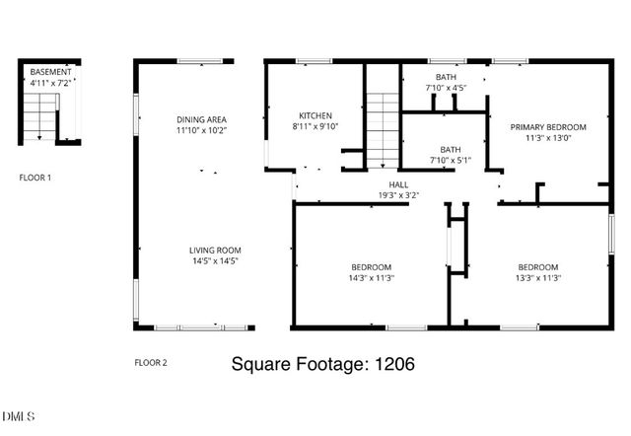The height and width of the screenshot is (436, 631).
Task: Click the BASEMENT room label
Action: (50, 73)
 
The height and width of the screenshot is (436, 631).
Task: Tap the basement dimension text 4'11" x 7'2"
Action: (50, 84)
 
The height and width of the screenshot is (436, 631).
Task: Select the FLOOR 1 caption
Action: (36, 179)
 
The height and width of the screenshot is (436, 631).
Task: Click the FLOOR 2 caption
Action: (151, 363)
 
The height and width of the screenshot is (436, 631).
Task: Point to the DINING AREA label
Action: (202, 119)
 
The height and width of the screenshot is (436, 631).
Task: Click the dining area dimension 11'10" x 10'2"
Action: (202, 130)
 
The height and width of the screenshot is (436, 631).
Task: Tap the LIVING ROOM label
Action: (215, 251)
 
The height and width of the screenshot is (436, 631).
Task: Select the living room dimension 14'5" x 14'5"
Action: (215, 261)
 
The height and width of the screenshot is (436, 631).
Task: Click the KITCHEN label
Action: (315, 115)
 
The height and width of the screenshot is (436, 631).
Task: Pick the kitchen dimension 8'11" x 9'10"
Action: (315, 126)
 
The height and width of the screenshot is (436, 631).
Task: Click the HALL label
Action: (398, 184)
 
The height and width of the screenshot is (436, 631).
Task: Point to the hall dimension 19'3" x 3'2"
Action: (398, 195)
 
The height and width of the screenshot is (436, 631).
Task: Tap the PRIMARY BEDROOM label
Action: (547, 127)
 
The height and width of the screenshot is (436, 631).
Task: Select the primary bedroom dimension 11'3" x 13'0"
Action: (547, 138)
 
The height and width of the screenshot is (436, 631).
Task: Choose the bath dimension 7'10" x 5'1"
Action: (451, 160)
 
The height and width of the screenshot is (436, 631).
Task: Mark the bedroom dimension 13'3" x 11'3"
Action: (538, 278)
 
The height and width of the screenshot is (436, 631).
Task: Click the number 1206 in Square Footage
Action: (393, 364)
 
